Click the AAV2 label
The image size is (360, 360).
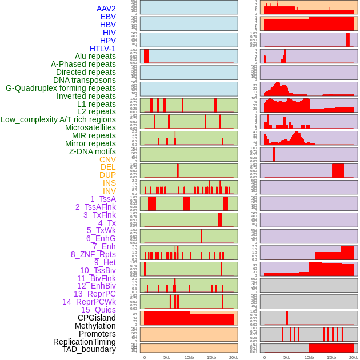click(x=106, y=9)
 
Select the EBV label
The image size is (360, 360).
click(x=108, y=17)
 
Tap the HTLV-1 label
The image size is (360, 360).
click(x=103, y=49)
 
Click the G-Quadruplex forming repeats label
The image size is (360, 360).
click(x=61, y=88)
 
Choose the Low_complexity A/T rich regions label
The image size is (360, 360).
click(x=58, y=119)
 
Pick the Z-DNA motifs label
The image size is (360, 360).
click(x=93, y=151)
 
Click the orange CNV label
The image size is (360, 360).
click(x=107, y=159)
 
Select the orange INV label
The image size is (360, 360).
click(x=109, y=191)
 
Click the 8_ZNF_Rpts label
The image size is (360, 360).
click(x=93, y=254)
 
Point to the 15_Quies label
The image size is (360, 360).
click(x=98, y=310)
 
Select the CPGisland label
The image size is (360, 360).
click(x=97, y=318)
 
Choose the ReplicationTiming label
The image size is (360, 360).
click(x=84, y=342)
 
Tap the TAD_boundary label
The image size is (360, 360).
click(x=89, y=349)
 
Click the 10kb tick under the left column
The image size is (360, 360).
click(x=189, y=357)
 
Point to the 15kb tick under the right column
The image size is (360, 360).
click(x=331, y=357)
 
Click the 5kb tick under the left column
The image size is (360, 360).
click(x=167, y=357)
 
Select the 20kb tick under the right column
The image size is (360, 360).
click(x=354, y=357)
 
